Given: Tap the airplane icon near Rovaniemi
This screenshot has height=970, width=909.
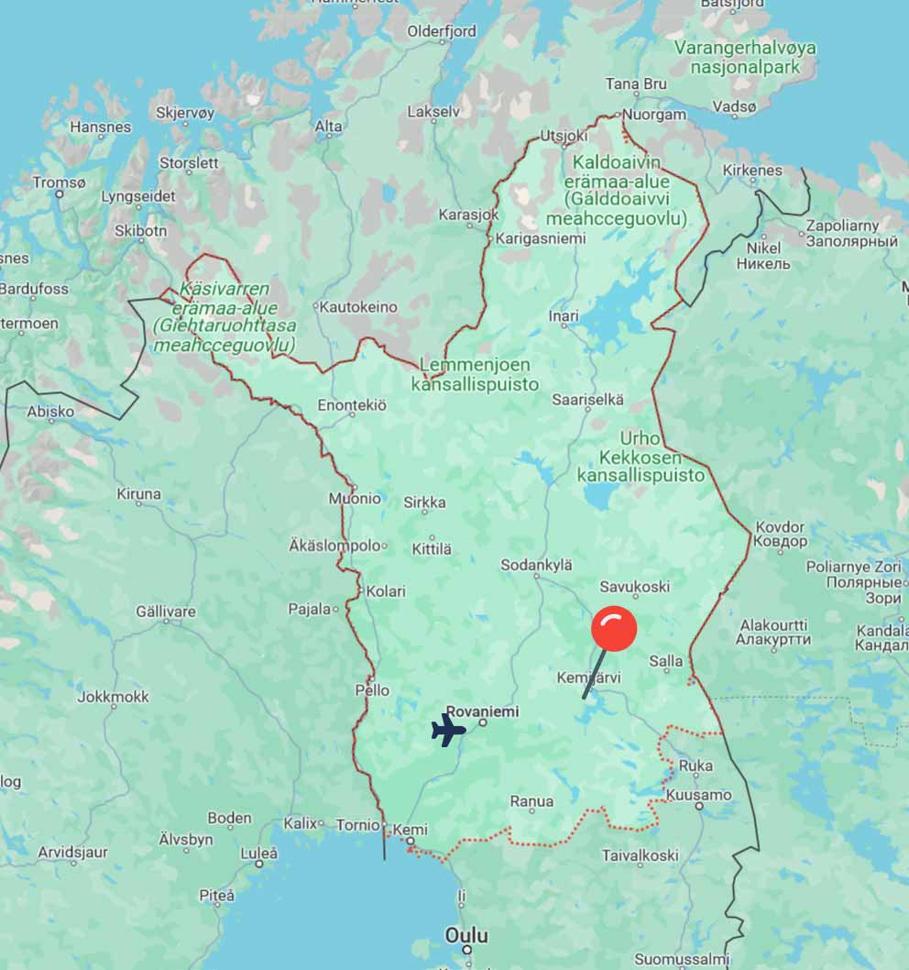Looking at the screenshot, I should [448, 730].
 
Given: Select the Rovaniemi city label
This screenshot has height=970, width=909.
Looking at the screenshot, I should [482, 711].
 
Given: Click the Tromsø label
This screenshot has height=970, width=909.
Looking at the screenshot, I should [59, 182].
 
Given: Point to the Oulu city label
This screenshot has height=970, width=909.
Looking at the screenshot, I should [466, 936].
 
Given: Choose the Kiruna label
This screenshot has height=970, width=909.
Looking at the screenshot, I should [138, 494].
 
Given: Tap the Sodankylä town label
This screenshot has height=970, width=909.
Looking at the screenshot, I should [537, 566].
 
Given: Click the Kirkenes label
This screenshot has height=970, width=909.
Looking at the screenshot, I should [752, 171].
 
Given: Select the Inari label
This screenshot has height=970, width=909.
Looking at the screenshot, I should [564, 316].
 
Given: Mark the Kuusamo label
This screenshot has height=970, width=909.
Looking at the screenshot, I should [699, 795].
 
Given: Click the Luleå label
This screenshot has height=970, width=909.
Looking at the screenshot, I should [258, 852].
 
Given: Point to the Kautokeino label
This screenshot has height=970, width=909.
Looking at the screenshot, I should [357, 307].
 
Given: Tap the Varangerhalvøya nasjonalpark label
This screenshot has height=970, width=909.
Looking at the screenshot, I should [744, 57].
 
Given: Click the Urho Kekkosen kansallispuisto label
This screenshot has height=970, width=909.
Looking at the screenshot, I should [641, 457].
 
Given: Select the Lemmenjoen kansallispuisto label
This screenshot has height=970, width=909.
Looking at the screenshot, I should [475, 374].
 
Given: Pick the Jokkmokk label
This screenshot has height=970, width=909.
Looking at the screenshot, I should [113, 697].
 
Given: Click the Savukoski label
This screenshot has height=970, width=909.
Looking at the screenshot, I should [634, 587].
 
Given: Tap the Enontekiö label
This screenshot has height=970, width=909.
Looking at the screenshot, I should [352, 404].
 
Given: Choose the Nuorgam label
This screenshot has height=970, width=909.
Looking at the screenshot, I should [654, 116].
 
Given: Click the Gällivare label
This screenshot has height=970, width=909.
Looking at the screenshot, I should [166, 612].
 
